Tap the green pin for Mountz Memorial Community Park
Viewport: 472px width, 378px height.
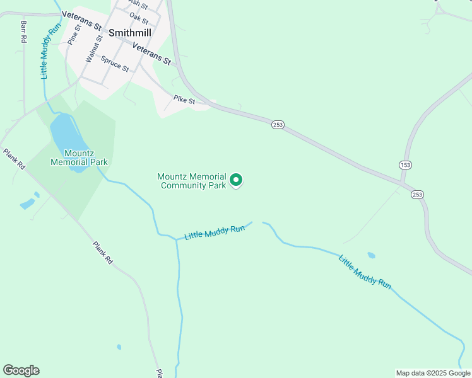(x=237, y=180)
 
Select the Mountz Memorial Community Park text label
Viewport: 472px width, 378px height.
(x=192, y=181)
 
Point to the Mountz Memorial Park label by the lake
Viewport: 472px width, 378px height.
(x=79, y=157)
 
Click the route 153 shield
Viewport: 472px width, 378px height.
(x=404, y=164)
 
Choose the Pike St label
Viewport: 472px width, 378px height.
(x=184, y=100)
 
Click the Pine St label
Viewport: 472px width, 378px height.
(x=74, y=35)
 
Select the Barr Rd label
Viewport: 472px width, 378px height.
(x=24, y=31)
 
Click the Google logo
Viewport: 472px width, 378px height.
(x=21, y=370)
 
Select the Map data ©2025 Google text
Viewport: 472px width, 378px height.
(x=433, y=373)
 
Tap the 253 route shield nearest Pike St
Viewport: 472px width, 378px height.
(x=278, y=125)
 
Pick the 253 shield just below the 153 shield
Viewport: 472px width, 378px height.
(x=417, y=195)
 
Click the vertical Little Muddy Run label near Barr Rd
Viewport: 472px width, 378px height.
(x=50, y=51)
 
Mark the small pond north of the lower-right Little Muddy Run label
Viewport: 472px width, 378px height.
(x=371, y=255)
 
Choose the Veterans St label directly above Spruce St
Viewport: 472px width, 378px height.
(x=151, y=54)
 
